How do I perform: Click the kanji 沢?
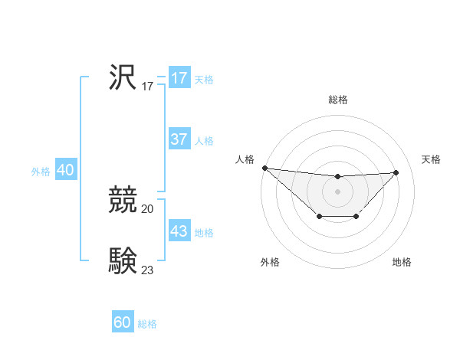(123, 77)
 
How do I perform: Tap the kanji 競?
(123, 200)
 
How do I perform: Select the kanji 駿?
(123, 260)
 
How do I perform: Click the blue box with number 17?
(179, 78)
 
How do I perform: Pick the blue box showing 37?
(179, 139)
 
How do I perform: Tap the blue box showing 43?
(179, 231)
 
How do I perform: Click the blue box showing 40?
(65, 170)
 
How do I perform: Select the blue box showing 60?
(123, 322)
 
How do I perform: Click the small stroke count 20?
(148, 208)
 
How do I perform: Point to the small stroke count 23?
(148, 270)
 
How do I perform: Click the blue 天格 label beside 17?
(204, 80)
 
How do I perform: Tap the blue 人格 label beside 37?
(204, 141)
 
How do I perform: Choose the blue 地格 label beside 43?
(204, 233)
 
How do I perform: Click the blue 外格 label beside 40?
(41, 172)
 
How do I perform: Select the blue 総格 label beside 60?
(147, 324)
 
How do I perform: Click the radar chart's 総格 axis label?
(337, 100)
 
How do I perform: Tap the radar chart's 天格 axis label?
(432, 159)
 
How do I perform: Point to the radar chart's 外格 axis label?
(270, 262)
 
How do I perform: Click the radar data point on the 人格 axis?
(264, 168)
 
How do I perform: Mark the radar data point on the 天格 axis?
(396, 172)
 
